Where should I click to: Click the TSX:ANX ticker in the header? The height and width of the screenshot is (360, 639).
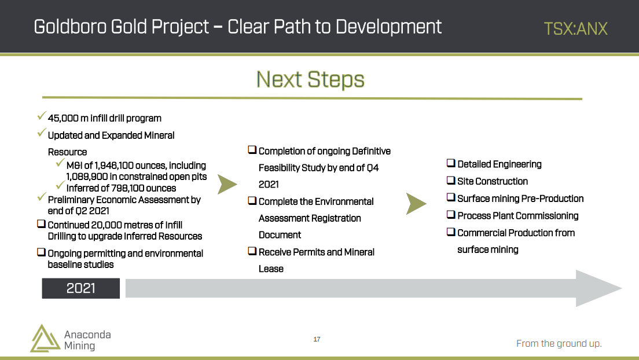click(x=575, y=28)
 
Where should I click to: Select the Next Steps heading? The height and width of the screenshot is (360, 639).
click(x=310, y=79)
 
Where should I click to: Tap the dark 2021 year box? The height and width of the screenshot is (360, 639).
click(x=80, y=288)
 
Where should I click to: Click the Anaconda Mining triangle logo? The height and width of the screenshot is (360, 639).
click(x=45, y=339)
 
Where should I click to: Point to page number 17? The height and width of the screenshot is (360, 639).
click(x=317, y=339)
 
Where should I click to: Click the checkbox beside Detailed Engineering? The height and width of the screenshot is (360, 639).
click(x=451, y=163)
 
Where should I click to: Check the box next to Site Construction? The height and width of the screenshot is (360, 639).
click(x=451, y=180)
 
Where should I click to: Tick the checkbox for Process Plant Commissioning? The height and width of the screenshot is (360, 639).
click(x=451, y=215)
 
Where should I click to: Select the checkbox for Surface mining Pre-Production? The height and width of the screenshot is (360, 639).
click(x=451, y=197)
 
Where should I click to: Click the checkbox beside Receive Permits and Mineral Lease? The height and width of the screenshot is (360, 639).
click(x=252, y=251)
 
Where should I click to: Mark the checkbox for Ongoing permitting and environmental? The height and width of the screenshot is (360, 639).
click(x=41, y=252)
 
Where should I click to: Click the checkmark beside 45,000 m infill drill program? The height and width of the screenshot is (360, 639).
click(x=41, y=116)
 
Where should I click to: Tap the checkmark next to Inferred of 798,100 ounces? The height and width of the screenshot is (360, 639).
click(x=60, y=186)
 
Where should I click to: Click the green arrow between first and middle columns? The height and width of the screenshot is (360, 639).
click(x=226, y=184)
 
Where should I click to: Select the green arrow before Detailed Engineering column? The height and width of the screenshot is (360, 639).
click(x=416, y=204)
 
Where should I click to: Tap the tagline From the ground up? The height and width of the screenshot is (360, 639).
click(x=559, y=343)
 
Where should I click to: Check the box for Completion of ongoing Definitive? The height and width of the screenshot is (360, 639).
click(x=252, y=150)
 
